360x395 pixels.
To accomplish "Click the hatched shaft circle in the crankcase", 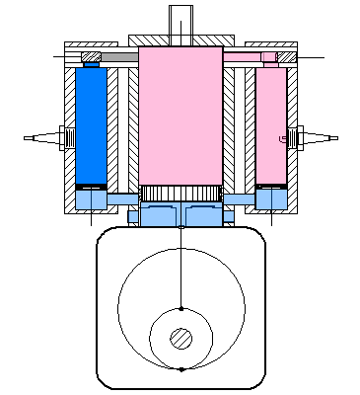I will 180,339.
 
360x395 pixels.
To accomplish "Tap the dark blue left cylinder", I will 91,123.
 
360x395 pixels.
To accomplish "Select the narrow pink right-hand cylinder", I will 270,123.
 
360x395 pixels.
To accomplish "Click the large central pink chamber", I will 180,114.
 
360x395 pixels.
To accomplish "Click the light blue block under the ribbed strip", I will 180,216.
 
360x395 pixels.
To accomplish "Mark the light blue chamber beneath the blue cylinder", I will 91,200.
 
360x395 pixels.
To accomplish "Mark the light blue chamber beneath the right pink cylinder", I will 270,200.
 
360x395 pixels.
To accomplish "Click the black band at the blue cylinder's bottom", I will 91,187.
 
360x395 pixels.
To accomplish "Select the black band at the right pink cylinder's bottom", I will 270,187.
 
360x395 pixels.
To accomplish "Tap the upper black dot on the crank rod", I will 181,303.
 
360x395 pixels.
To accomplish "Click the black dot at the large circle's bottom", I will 181,369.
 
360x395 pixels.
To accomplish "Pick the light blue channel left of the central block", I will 124,200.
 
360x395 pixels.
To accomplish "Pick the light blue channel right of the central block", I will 238,200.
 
